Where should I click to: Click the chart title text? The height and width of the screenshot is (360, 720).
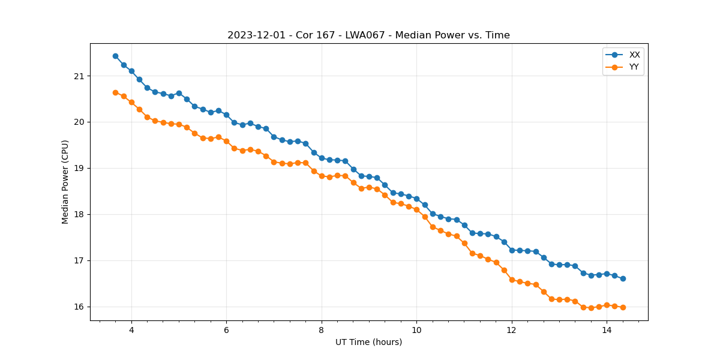coord(368,35)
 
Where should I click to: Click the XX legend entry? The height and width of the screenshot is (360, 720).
coord(634,55)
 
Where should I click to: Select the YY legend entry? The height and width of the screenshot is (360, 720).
coord(634,67)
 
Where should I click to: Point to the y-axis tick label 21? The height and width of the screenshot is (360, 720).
coord(79,76)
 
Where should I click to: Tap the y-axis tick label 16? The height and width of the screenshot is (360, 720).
coord(79,307)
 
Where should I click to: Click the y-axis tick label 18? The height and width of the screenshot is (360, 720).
coord(79,215)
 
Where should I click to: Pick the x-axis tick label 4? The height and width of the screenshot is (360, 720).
coord(131,330)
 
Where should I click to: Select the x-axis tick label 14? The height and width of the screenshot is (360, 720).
coord(607,330)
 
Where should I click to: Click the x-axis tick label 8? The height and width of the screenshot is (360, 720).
coord(322,330)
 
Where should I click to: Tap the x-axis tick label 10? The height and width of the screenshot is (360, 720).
coord(416,330)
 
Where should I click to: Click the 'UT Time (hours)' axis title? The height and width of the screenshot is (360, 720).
coord(368,343)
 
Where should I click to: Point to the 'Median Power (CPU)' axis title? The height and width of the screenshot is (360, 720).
coord(65,182)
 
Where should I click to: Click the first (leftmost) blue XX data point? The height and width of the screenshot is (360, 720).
coord(115,56)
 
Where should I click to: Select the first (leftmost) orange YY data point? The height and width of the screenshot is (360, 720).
coord(115,92)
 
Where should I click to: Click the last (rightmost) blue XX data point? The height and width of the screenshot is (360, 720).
coord(623,278)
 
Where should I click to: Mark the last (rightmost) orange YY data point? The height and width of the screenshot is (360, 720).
coord(623,307)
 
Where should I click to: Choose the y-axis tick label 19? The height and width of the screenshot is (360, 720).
coord(79,169)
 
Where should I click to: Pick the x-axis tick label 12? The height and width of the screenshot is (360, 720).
coord(512,330)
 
